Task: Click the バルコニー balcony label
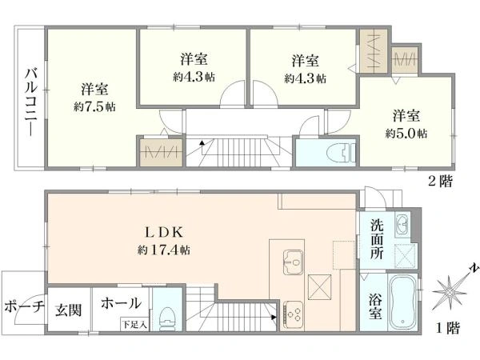(31, 102)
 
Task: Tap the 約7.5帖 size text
(94, 107)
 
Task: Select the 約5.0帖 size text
(406, 133)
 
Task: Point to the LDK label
(164, 233)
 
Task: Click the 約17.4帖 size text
(163, 250)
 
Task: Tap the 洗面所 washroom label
(377, 239)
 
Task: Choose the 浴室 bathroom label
(374, 306)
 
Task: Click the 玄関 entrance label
(69, 310)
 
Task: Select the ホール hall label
(122, 303)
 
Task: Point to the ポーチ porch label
(25, 306)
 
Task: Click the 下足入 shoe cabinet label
(134, 324)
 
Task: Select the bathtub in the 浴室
(402, 302)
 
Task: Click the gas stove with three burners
(294, 314)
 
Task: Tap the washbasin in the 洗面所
(402, 225)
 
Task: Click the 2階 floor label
(440, 182)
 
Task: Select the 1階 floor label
(448, 329)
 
